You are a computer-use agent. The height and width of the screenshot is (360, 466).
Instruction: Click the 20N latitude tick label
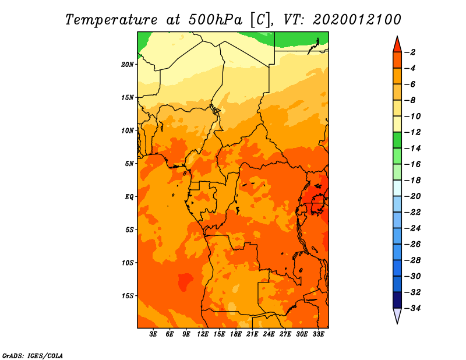pyautogui.click(x=128, y=65)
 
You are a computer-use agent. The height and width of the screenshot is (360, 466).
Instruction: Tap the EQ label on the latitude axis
pyautogui.click(x=129, y=197)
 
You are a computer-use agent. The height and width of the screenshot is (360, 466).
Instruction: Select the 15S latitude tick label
pyautogui.click(x=128, y=296)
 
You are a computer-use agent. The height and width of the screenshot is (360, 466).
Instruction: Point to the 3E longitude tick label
pyautogui.click(x=153, y=334)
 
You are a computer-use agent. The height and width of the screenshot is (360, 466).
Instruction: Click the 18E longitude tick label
pyautogui.click(x=236, y=334)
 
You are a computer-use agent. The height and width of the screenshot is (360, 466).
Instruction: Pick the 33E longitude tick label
pyautogui.click(x=318, y=334)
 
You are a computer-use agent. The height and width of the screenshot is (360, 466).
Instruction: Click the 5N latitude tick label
pyautogui.click(x=129, y=164)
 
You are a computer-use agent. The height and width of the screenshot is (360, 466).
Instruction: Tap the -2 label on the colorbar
pyautogui.click(x=410, y=52)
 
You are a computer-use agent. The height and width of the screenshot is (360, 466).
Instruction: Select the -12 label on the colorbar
pyautogui.click(x=412, y=132)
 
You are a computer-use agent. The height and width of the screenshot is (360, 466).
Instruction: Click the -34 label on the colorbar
pyautogui.click(x=412, y=308)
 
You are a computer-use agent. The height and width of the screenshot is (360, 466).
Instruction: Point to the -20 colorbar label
pyautogui.click(x=412, y=196)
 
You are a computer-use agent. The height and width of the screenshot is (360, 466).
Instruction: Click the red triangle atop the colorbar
pyautogui.click(x=397, y=45)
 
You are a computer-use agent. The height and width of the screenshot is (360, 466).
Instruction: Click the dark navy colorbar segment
pyautogui.click(x=397, y=300)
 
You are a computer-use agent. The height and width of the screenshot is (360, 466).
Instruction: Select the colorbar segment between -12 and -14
pyautogui.click(x=397, y=140)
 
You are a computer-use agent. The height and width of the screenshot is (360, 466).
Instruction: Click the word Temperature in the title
pyautogui.click(x=111, y=20)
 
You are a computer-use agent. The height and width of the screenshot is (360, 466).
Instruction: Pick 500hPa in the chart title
pyautogui.click(x=215, y=20)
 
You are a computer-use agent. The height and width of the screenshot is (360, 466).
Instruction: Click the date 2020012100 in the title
pyautogui.click(x=357, y=20)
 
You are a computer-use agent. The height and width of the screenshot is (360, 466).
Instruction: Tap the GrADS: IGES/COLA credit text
pyautogui.click(x=33, y=356)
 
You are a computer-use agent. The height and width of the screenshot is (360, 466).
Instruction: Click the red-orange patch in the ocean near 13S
pyautogui.click(x=185, y=281)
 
